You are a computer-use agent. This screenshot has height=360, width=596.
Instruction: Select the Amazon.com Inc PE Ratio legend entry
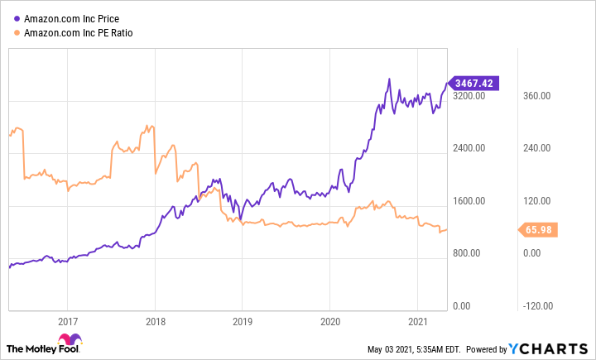79,33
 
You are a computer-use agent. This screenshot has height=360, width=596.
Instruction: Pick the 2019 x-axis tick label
242,321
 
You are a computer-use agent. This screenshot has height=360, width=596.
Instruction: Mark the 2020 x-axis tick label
329,321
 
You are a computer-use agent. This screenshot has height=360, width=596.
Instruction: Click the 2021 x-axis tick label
417,321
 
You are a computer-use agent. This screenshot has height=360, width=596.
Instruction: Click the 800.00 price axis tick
470,254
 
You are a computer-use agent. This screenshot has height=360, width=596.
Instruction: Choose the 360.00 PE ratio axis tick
536,96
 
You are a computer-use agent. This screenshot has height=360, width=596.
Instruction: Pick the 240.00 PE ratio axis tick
536,149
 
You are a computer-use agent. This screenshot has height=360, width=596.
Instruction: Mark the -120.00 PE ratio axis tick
535,306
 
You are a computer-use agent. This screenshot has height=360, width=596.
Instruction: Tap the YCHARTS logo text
560,348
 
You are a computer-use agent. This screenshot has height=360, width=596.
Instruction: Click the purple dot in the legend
17,17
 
